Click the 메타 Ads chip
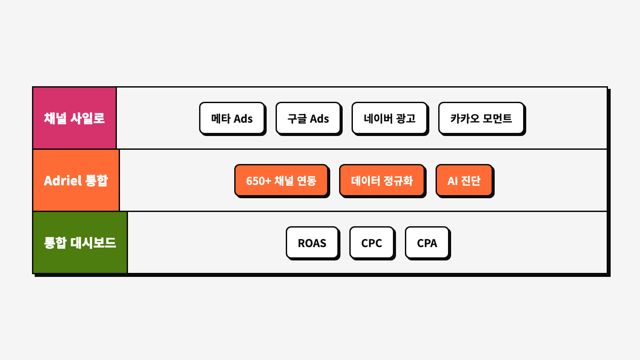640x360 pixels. click(x=232, y=118)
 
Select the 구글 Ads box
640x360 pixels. click(x=308, y=118)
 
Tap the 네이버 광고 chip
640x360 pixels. click(x=389, y=118)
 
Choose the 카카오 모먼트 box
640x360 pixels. click(x=481, y=118)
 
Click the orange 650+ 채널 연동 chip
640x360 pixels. click(x=281, y=180)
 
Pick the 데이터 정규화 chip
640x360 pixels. click(x=382, y=180)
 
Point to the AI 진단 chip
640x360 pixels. click(x=464, y=180)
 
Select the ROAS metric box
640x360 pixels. click(x=312, y=243)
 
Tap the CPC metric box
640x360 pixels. click(x=372, y=243)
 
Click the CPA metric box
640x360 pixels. click(x=427, y=243)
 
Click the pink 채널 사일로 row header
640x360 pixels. click(x=74, y=118)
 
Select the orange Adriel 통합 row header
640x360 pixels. click(x=76, y=180)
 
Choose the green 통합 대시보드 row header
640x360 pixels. click(x=80, y=243)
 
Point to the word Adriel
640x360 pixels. click(x=63, y=180)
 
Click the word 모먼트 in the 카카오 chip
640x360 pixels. click(x=497, y=118)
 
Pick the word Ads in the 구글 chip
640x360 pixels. click(x=319, y=119)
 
